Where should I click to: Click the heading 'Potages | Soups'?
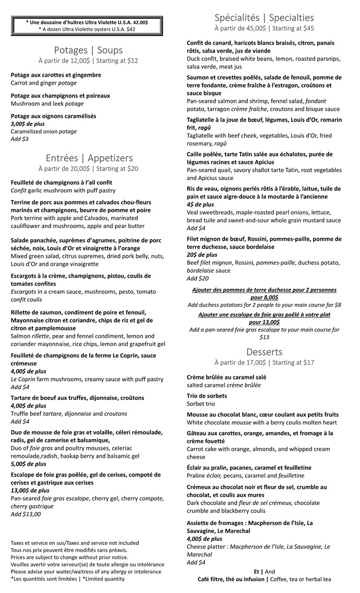point(88,50)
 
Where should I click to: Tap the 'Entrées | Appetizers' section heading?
point(89,158)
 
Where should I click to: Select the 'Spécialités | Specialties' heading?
point(264,18)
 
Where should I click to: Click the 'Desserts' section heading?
point(264,351)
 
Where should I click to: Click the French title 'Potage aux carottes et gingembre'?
point(56,75)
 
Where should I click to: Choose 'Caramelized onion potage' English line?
point(43,132)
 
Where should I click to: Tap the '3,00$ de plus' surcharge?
point(28,124)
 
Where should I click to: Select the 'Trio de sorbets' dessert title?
point(207,396)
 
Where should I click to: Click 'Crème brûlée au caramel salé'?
point(226,377)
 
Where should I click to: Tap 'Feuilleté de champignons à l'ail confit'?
point(61,183)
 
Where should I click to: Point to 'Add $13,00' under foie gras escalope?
point(26,514)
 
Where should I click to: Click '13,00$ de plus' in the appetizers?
point(30,491)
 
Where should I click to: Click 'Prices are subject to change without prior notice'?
point(69,557)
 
